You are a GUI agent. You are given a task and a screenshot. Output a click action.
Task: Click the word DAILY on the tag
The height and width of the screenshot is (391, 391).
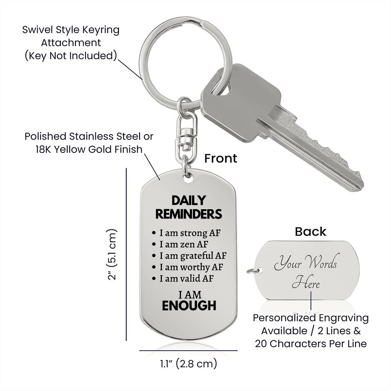point(188,201)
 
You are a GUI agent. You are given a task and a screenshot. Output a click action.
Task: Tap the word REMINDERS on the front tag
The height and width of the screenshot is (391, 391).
point(188,214)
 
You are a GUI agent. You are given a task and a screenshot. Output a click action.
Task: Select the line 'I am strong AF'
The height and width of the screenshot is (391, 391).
point(190,233)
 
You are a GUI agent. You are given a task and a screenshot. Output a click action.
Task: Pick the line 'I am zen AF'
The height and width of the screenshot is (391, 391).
point(184,244)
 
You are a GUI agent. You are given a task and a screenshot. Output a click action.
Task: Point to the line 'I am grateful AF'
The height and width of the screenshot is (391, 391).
point(193,256)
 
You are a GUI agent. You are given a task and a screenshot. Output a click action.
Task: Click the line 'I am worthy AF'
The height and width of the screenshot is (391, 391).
point(190,267)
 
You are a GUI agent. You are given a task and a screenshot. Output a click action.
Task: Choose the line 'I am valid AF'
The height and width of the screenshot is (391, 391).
point(187,279)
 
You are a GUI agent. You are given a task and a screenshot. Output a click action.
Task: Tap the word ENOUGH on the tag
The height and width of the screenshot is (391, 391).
point(189,305)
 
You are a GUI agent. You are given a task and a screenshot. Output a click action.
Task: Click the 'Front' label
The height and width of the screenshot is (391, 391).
point(221,158)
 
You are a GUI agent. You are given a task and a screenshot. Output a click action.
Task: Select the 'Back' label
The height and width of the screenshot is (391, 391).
point(310,231)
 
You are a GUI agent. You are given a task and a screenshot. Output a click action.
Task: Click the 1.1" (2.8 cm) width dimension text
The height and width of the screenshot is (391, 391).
point(188,364)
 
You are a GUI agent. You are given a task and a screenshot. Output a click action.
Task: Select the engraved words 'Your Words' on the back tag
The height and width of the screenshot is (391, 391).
point(305,264)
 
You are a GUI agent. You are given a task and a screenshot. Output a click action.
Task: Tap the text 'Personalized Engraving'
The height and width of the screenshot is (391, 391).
point(311,318)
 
